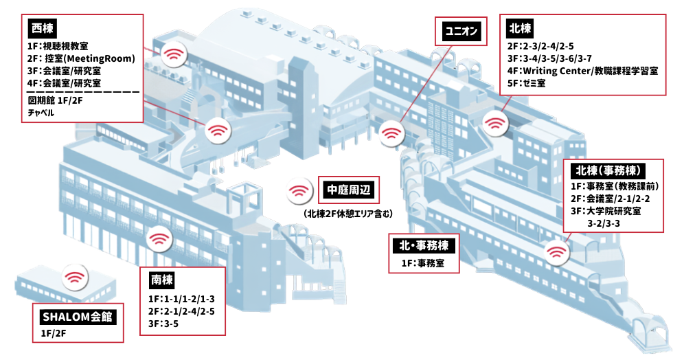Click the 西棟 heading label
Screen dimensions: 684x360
[43, 28]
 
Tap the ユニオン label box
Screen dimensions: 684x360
[461, 31]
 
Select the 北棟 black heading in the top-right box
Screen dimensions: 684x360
[520, 28]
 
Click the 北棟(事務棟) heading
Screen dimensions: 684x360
[608, 170]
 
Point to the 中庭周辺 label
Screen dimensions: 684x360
[349, 190]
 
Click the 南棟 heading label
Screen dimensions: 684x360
[162, 280]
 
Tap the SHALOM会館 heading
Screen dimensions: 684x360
[78, 316]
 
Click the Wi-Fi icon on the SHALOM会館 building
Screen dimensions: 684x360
[75, 277]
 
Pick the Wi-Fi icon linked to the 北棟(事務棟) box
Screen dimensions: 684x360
[556, 252]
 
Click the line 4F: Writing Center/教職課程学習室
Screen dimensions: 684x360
[582, 71]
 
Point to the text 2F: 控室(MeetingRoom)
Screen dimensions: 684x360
[81, 58]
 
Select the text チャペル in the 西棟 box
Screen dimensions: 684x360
[41, 113]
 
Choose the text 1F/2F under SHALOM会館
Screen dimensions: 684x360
[53, 333]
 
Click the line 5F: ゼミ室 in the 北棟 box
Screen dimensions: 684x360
[526, 83]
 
